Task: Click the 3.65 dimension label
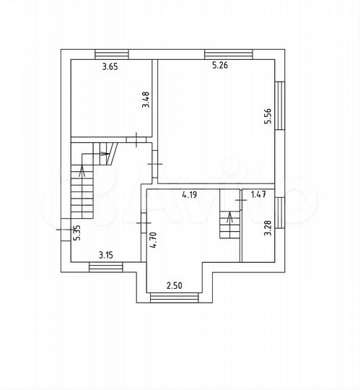[x=110, y=67]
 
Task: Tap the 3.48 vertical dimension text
[x=146, y=99]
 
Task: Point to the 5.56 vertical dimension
[x=267, y=116]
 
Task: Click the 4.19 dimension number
[x=190, y=194]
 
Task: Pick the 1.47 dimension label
[x=258, y=194]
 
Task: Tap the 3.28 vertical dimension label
[x=268, y=227]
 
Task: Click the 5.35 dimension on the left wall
[x=76, y=233]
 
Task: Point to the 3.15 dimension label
[x=106, y=254]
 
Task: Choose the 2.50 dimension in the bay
[x=174, y=286]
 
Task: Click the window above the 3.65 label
[x=111, y=53]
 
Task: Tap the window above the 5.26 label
[x=229, y=53]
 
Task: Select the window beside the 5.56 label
[x=282, y=106]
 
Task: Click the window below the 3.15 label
[x=106, y=267]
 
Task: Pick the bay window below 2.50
[x=173, y=298]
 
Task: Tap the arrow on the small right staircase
[x=229, y=218]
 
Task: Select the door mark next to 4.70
[x=143, y=225]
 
